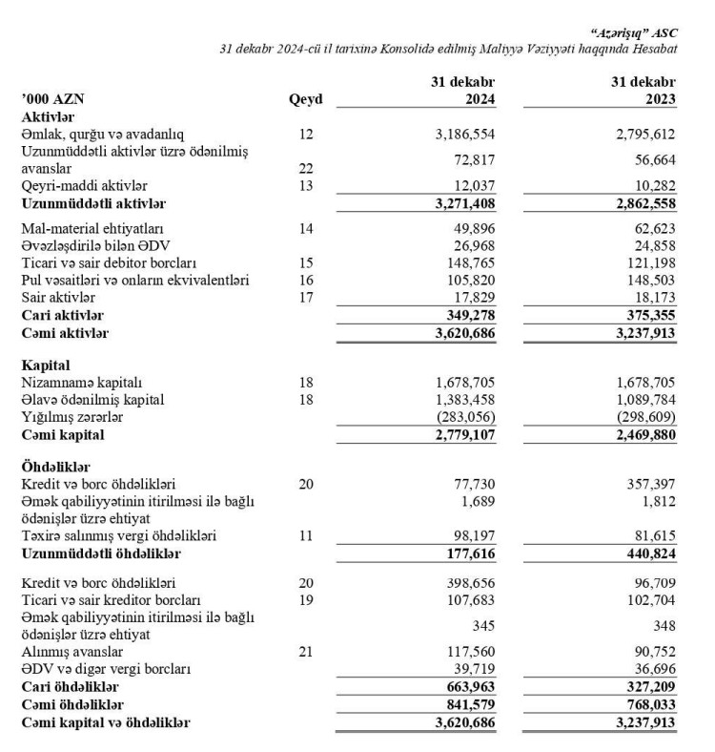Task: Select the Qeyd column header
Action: click(305, 97)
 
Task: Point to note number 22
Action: click(305, 168)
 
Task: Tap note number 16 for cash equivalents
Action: click(305, 281)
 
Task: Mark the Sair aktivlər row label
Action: click(59, 298)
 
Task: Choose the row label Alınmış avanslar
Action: click(74, 652)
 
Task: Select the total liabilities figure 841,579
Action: click(467, 703)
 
